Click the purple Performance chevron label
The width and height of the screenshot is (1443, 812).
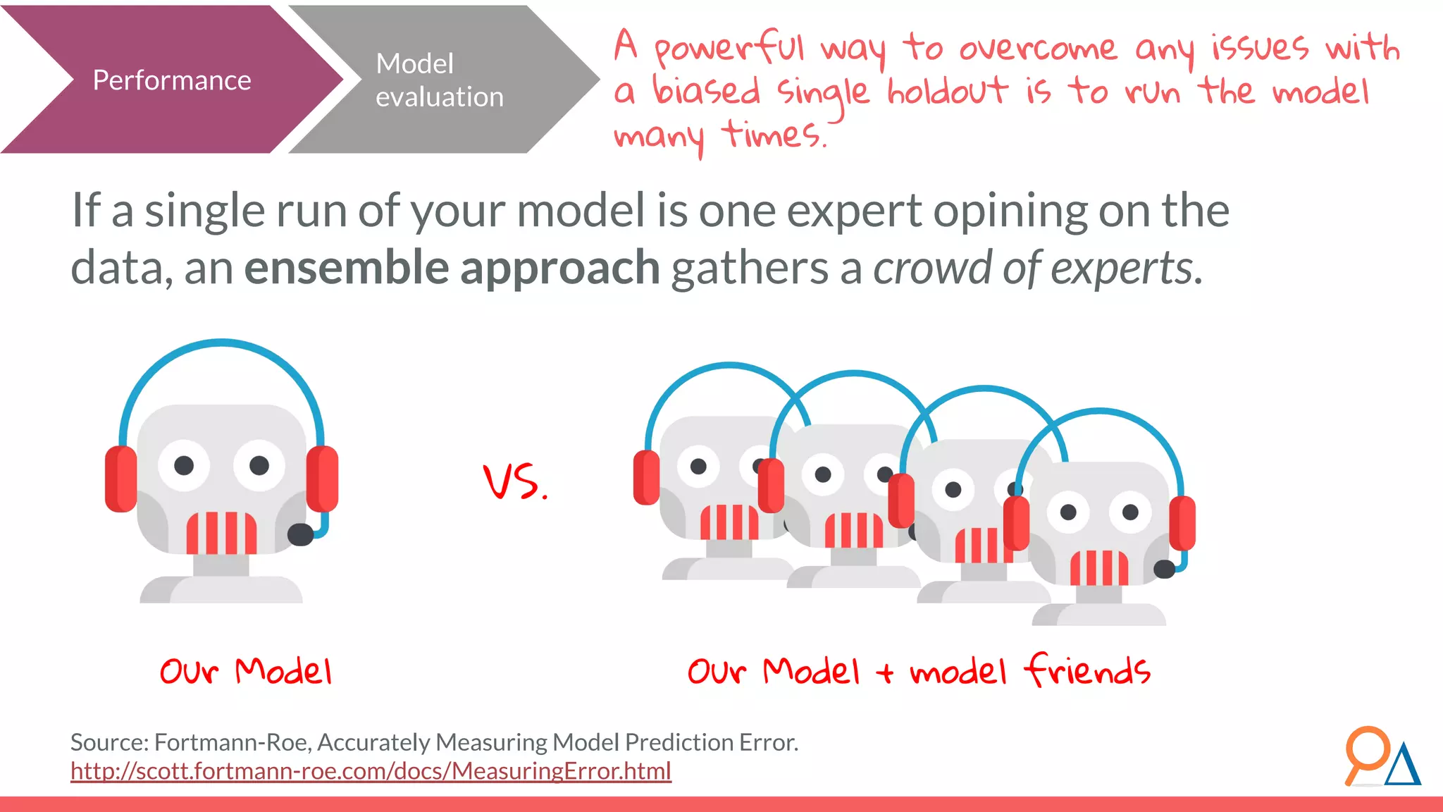coord(171,80)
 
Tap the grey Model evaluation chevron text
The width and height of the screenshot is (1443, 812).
coord(439,80)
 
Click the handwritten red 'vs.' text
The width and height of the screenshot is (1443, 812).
coord(515,482)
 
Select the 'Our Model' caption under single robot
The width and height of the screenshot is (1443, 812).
coord(245,671)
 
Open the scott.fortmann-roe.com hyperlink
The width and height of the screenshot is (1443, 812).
coord(371,771)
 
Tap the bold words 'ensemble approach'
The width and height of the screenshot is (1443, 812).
coord(452,269)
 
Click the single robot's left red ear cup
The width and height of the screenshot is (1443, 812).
coord(120,479)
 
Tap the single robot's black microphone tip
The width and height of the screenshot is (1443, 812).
coord(301,534)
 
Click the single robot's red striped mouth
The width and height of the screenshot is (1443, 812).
coord(221,533)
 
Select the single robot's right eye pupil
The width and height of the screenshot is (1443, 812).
coord(259,465)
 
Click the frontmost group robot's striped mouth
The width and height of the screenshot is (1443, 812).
coord(1099,568)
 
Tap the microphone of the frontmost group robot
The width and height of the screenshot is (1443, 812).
coord(1164,569)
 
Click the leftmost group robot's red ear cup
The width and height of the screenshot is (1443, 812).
coord(646,478)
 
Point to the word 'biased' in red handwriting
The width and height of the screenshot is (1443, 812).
coord(707,92)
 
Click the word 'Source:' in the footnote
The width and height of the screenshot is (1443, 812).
coord(109,742)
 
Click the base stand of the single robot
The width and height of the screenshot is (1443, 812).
coord(221,589)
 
